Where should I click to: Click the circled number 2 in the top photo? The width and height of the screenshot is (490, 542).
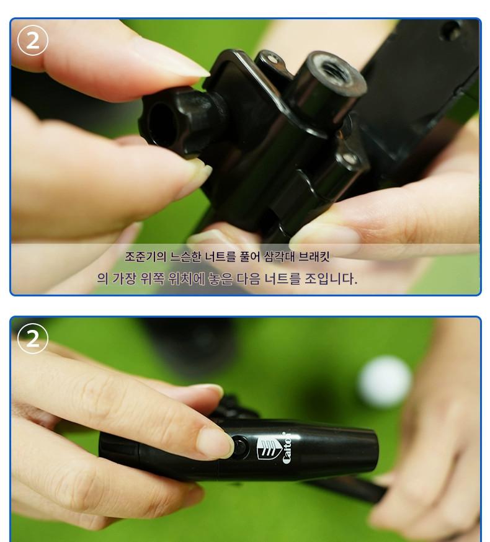(32, 40)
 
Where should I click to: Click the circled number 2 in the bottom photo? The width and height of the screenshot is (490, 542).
(32, 338)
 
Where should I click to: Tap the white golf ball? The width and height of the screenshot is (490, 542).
(385, 381)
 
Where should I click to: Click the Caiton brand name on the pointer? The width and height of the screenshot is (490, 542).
(287, 448)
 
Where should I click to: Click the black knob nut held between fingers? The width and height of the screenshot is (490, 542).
(173, 121)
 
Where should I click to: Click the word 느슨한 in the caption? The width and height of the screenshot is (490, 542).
(185, 257)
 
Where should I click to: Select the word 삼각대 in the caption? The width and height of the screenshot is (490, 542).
(278, 257)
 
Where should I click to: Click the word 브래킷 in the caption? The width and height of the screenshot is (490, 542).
(314, 257)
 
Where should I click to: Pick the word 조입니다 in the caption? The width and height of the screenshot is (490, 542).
(331, 278)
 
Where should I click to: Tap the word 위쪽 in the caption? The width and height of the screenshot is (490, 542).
(153, 278)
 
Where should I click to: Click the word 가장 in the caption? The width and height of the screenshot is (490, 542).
(125, 278)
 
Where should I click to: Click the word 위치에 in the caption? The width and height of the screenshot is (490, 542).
(187, 278)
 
